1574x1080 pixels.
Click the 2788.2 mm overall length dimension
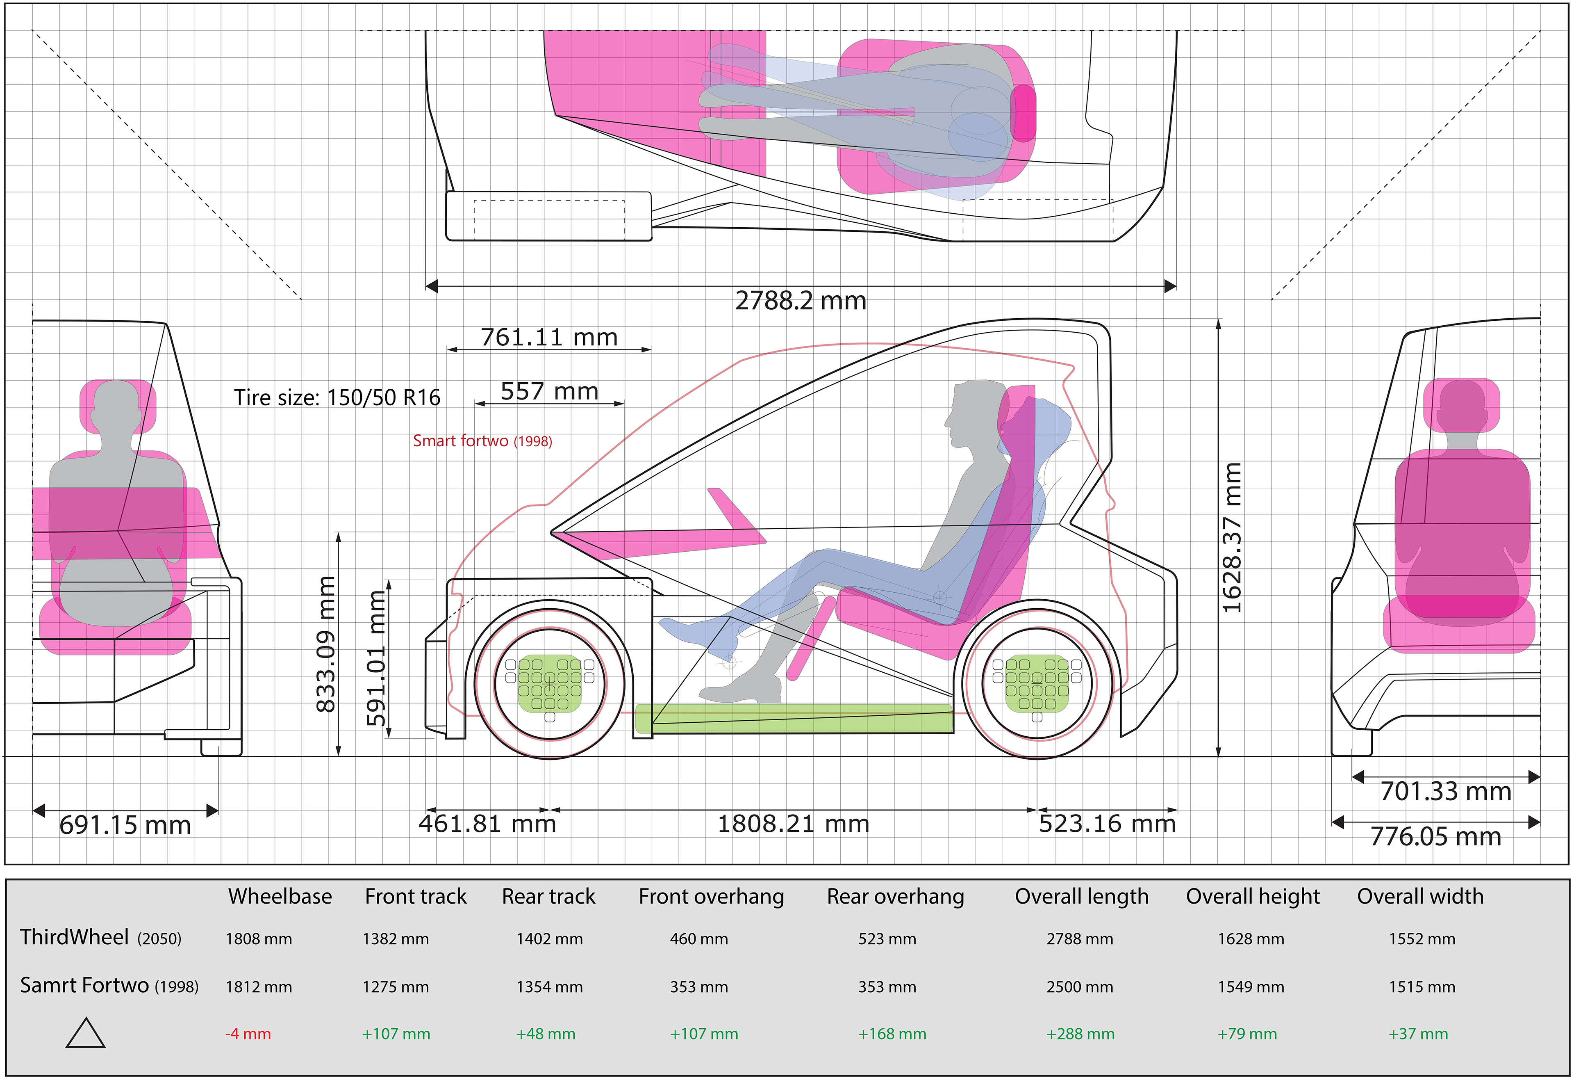[x=801, y=300]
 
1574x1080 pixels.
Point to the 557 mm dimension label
[x=549, y=391]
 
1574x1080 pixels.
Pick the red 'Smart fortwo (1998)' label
[x=482, y=441]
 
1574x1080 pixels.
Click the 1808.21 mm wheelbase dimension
[x=793, y=824]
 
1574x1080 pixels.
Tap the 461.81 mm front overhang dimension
[x=487, y=824]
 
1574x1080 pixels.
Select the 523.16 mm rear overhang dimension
[x=1108, y=824]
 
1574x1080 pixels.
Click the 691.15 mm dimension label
[x=125, y=825]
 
